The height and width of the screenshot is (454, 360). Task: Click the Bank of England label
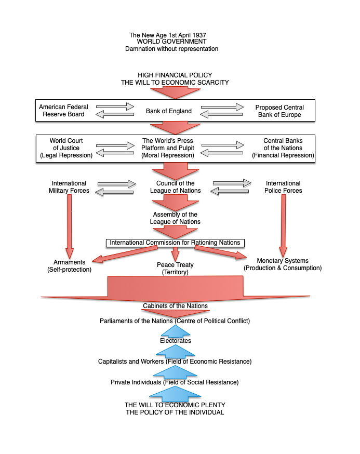coord(168,111)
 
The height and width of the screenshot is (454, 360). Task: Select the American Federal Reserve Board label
coord(63,111)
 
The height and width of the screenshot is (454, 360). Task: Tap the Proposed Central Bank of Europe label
coord(279,111)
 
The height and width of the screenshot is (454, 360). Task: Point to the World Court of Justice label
coord(66,148)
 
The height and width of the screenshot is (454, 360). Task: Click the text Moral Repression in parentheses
coord(168,155)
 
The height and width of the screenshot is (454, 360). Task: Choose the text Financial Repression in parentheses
coord(283,155)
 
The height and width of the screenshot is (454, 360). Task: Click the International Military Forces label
coord(69,187)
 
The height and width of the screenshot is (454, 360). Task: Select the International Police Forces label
coord(283,187)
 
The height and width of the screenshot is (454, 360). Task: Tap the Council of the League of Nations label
coord(175,187)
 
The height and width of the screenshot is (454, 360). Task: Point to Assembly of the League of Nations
coord(175,218)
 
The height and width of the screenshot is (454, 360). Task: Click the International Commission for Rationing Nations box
coord(175,243)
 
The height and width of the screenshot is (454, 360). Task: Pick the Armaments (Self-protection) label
coord(69,266)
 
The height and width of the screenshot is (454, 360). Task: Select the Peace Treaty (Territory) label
coord(175,269)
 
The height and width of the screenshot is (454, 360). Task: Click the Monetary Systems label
coord(283,261)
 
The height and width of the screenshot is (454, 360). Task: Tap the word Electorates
coord(176,341)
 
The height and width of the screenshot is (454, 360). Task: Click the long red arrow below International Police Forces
coord(283,225)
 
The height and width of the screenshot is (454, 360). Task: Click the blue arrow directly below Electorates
coord(175,351)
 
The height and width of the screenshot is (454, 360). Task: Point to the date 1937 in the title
coord(199,35)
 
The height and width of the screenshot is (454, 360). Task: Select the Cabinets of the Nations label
coord(175,306)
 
